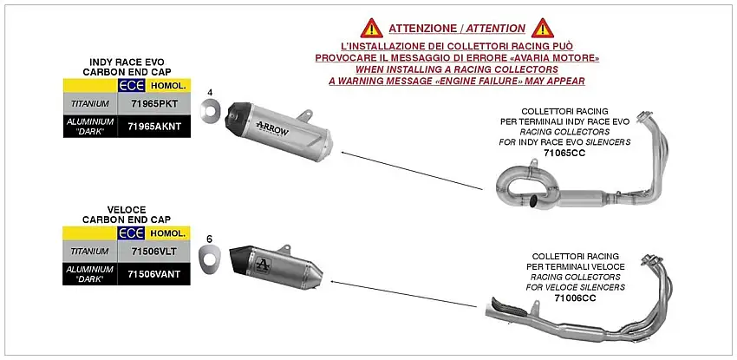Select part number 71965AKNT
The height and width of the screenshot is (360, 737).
(154, 126)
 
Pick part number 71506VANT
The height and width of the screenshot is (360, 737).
(154, 273)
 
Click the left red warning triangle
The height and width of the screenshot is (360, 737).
(371, 28)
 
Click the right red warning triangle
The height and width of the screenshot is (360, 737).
(543, 28)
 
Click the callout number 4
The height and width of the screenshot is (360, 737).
(209, 92)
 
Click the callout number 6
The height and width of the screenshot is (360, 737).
(209, 238)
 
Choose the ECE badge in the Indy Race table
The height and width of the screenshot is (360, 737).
(131, 87)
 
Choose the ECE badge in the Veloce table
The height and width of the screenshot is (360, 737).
(131, 234)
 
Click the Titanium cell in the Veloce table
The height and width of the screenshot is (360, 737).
(89, 251)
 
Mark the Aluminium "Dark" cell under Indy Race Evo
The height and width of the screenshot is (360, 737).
(89, 126)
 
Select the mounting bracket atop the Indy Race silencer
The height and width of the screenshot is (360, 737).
(307, 114)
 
